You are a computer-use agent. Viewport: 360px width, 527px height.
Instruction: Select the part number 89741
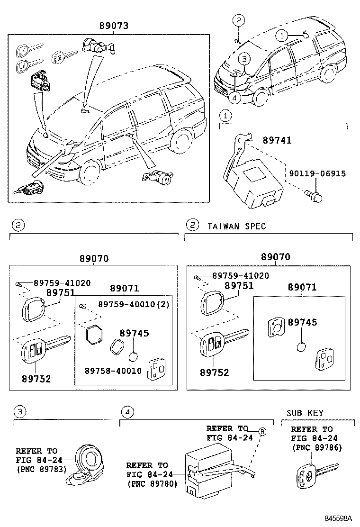277,141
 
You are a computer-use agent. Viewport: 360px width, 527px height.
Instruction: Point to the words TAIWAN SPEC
236,226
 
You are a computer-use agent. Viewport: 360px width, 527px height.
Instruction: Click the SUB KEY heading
305,413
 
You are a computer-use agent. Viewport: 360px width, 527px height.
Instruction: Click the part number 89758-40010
113,371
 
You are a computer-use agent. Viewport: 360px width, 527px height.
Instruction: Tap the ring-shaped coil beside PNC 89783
89,459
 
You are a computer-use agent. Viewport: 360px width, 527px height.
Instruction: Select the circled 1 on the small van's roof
281,35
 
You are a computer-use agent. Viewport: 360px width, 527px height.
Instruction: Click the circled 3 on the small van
243,59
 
